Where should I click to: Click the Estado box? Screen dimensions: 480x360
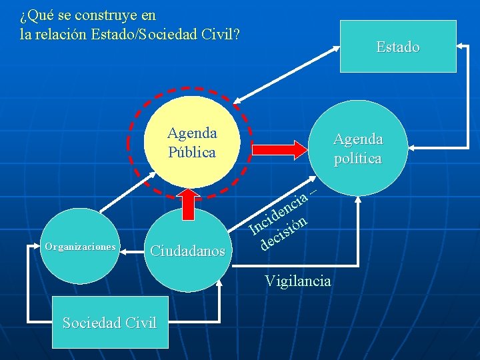tap(398, 46)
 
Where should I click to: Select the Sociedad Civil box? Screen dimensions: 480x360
tap(109, 323)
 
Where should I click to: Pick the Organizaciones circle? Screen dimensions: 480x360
tap(81, 247)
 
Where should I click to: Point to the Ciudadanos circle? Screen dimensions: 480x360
tap(188, 251)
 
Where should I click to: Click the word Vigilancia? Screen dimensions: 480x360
tap(297, 281)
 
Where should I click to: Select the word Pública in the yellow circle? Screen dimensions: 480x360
tap(192, 152)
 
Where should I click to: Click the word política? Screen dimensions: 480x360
tap(358, 159)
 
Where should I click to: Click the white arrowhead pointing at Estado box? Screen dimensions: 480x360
tap(461, 47)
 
